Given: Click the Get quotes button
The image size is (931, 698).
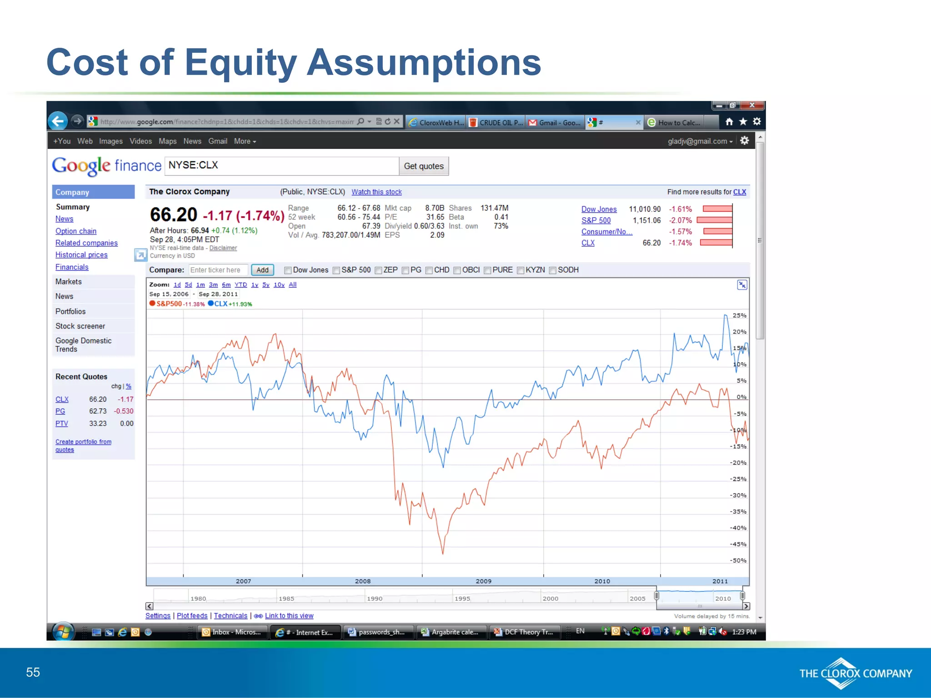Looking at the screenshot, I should [x=424, y=166].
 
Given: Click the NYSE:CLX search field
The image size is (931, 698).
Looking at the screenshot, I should [x=281, y=166].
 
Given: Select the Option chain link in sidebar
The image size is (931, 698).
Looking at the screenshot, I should [x=76, y=231].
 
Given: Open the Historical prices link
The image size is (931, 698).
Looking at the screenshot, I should [x=81, y=255].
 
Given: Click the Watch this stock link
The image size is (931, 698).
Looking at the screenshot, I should [x=376, y=192].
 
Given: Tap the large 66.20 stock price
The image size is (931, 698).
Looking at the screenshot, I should [x=173, y=215].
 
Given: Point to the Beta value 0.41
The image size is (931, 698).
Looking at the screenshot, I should [x=501, y=217].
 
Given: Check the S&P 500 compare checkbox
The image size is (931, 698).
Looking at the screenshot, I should [x=336, y=270].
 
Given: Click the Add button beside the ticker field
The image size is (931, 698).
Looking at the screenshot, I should [x=262, y=270].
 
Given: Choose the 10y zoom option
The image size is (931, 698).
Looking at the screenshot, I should [x=279, y=285].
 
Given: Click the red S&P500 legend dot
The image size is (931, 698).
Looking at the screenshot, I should [x=152, y=304].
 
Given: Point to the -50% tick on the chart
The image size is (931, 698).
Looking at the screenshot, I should [x=738, y=560].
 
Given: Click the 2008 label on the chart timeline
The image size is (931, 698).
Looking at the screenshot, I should [x=363, y=581].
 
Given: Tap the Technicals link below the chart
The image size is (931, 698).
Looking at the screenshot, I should [x=230, y=616].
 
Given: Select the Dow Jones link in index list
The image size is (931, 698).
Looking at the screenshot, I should [x=599, y=209].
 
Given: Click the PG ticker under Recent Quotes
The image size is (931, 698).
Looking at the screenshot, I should [x=60, y=411].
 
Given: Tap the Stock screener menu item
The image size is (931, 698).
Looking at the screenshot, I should [x=80, y=326].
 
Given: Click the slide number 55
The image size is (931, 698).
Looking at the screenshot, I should [x=33, y=673].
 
